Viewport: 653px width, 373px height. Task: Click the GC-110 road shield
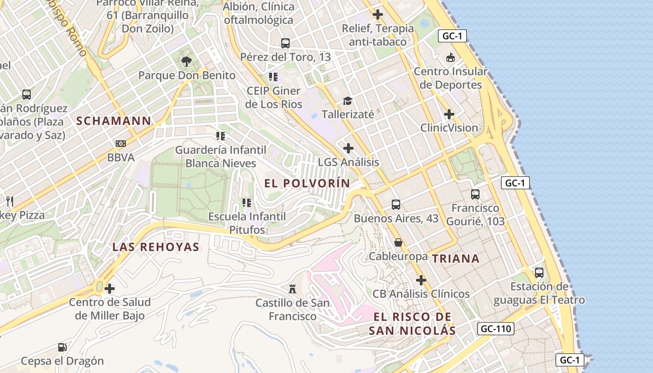point(496,329)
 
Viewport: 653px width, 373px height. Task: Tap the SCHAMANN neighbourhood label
point(114,121)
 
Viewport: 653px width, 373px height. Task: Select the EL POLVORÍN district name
point(307,183)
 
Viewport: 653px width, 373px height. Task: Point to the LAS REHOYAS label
point(156,247)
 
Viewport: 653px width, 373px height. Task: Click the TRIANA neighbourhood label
point(456,259)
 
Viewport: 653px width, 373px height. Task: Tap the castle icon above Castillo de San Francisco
point(292,289)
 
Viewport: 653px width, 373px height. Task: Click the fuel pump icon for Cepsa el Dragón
point(62,347)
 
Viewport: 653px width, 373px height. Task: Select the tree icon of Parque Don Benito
point(187,61)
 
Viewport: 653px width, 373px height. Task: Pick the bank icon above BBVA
point(121,144)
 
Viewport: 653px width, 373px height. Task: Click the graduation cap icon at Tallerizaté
point(347,101)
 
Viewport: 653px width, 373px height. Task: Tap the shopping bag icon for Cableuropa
point(398,242)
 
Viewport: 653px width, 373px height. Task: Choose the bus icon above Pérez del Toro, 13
point(285,43)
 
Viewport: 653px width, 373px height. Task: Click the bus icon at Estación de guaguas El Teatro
point(539,272)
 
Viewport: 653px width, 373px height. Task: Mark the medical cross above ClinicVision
point(449,114)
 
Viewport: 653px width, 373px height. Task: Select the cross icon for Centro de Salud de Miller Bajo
point(110,289)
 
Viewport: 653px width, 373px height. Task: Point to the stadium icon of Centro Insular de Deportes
point(451,58)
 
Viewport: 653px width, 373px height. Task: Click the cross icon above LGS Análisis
point(348,148)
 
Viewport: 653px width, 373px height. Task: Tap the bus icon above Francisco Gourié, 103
point(475,194)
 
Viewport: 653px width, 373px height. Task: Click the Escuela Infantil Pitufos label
point(247,223)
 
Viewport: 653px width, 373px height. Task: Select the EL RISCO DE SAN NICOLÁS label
point(412,324)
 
